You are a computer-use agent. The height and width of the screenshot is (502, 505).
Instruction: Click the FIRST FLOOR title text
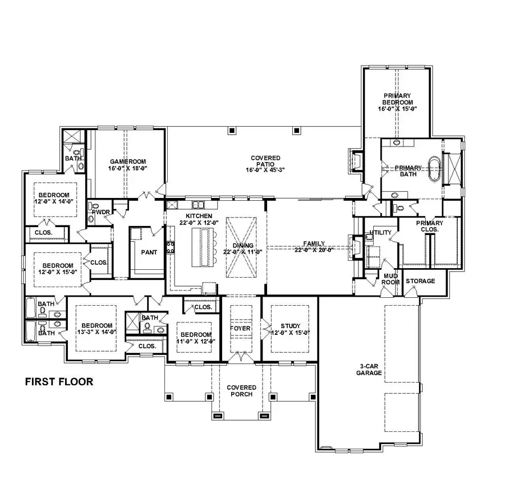59,382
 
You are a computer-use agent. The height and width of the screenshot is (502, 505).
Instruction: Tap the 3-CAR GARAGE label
370,369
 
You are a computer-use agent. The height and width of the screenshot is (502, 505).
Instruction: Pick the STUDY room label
291,326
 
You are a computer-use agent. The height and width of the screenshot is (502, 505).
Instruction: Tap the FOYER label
241,328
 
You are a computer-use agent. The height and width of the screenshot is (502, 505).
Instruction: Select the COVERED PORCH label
241,390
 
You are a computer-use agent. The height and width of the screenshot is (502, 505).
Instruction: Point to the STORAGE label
420,281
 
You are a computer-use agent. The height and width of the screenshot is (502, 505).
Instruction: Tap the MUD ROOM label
391,279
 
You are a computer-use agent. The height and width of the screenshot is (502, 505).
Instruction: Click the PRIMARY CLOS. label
429,226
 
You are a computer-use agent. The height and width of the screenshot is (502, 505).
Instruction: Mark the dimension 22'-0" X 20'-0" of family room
314,251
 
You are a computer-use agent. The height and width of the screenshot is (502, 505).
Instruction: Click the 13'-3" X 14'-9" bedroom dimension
97,333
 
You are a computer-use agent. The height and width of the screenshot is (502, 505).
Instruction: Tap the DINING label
244,246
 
